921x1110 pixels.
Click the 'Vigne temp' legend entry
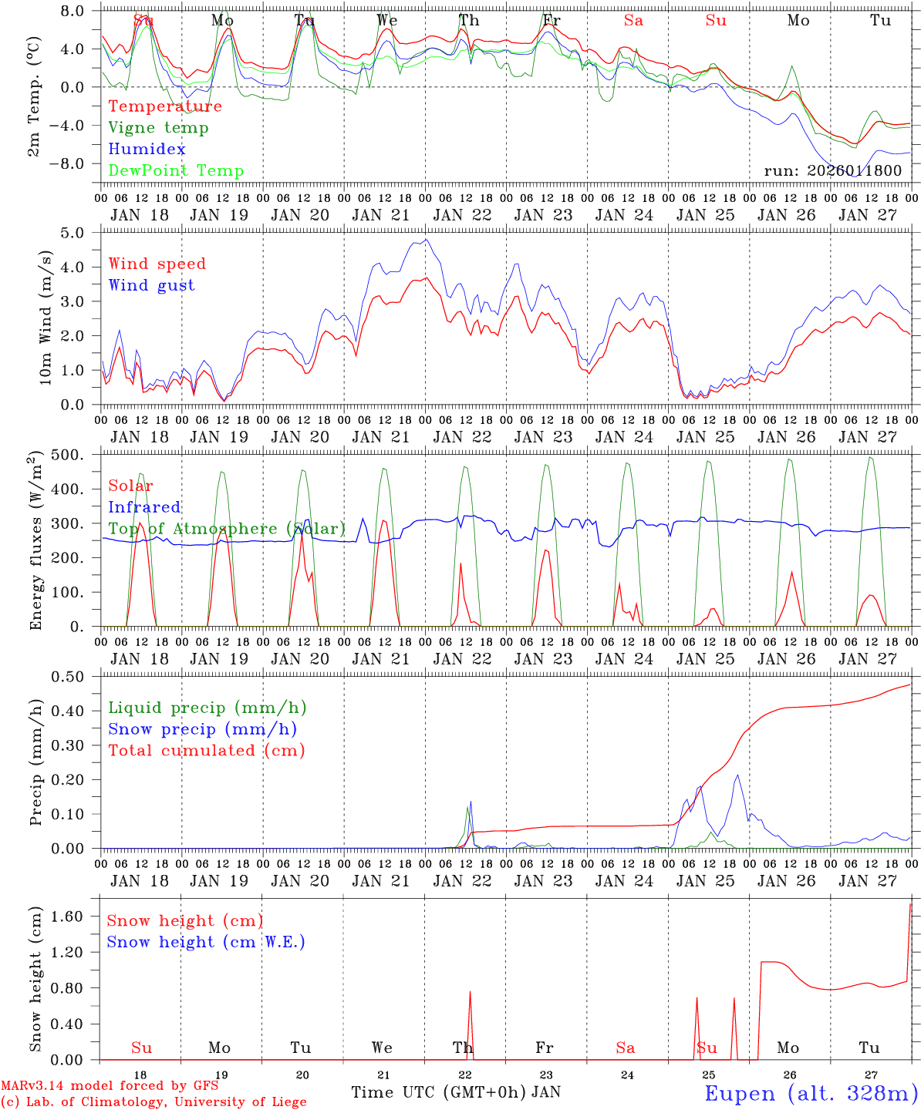(158, 128)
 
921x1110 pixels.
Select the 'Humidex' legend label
(147, 150)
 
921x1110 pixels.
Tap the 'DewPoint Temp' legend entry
(176, 171)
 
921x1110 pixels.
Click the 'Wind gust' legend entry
(151, 285)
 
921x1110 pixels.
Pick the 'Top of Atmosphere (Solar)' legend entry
(227, 529)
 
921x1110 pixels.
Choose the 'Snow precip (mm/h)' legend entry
(202, 729)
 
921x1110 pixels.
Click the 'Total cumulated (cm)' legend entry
(207, 751)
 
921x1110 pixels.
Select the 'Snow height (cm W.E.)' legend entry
(206, 942)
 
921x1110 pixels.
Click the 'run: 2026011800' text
(832, 170)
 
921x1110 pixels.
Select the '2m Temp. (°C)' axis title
(34, 106)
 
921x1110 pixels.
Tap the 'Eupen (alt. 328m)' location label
(811, 1093)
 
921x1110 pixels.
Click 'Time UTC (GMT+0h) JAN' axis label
(456, 1092)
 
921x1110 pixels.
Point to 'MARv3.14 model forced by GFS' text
(110, 1086)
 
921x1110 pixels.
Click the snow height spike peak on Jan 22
(470, 992)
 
